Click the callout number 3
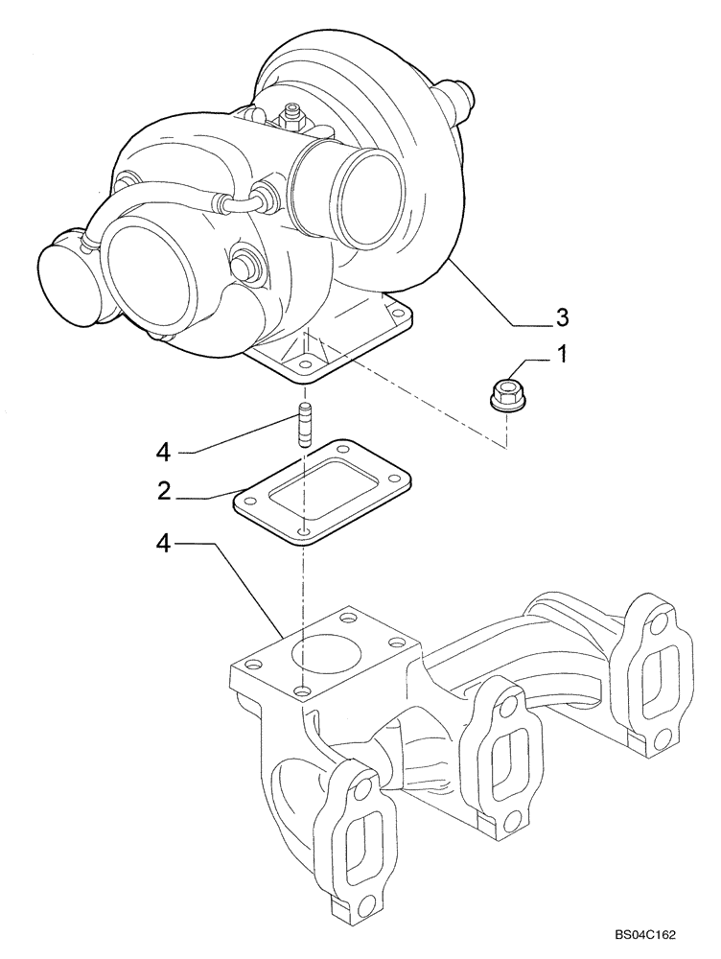tap(563, 316)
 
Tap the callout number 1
tap(563, 355)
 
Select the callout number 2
tap(165, 491)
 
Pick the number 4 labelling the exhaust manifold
tap(165, 543)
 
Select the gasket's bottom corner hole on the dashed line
tap(303, 529)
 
